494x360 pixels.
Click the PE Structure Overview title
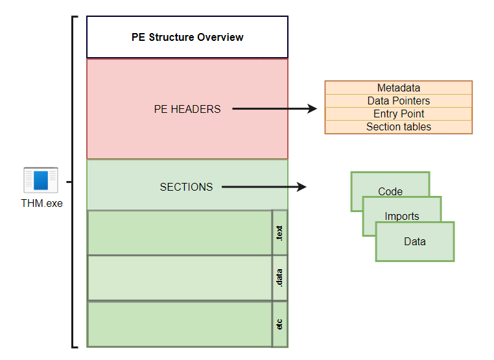point(187,37)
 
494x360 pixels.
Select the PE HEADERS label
point(187,109)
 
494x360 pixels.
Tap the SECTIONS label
point(186,187)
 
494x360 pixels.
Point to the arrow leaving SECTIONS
point(263,187)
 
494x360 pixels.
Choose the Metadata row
point(398,88)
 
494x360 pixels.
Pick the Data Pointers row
point(398,101)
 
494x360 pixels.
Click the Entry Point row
point(398,114)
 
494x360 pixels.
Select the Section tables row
point(398,127)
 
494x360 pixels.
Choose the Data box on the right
point(415,241)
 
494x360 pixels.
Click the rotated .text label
point(279,232)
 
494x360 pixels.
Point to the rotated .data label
point(279,278)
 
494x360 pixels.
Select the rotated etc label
point(279,323)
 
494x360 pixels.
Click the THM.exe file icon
point(41,180)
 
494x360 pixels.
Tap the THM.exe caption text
point(41,203)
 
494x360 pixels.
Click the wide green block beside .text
point(180,232)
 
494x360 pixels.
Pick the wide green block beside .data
point(180,278)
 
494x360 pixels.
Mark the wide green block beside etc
point(180,323)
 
